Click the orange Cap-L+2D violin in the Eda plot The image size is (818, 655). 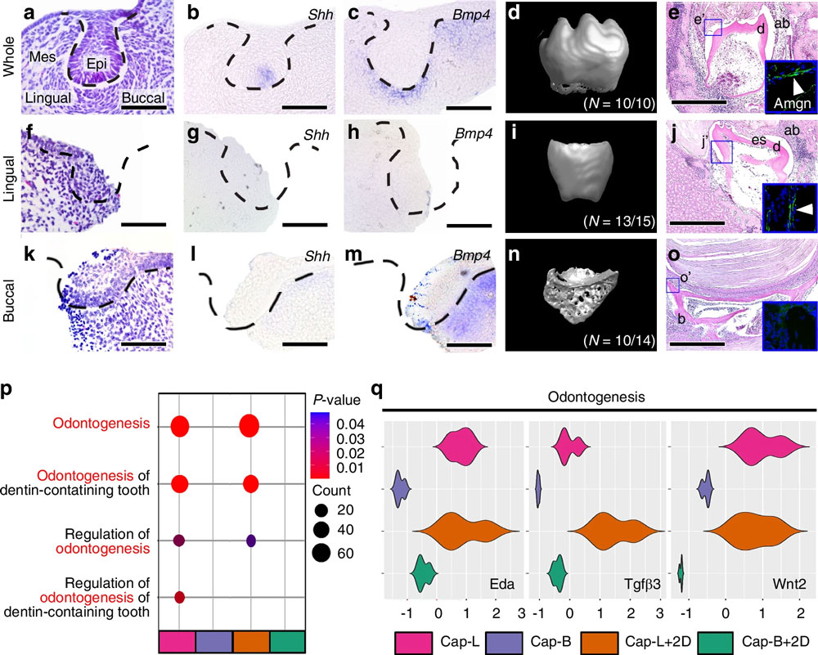click(x=467, y=532)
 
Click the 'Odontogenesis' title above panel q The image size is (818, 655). click(x=599, y=397)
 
